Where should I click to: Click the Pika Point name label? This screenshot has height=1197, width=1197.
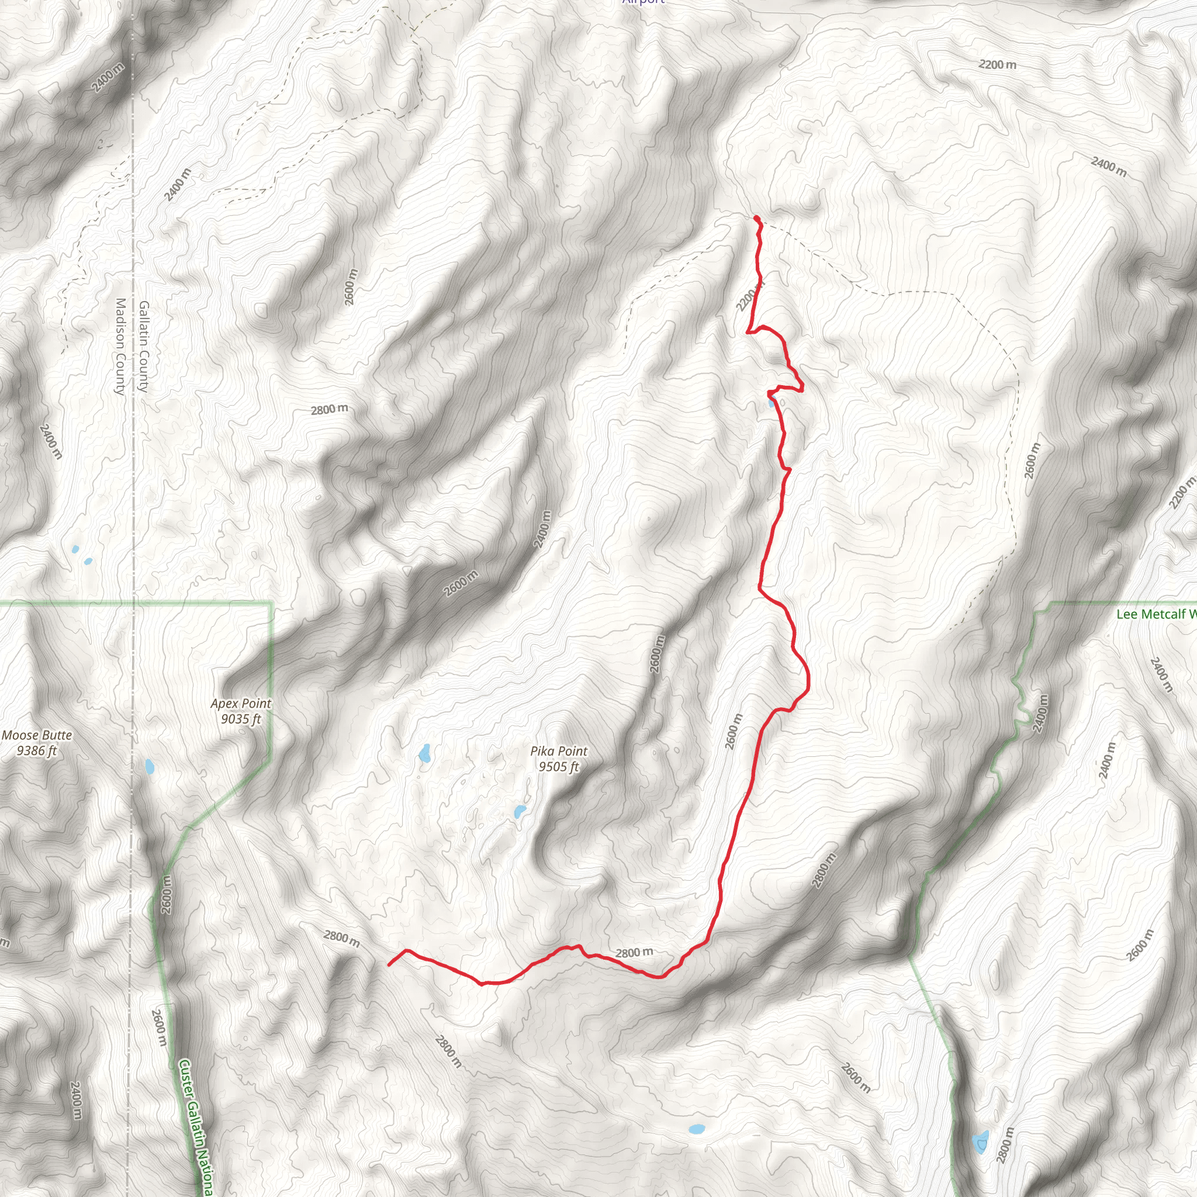558,751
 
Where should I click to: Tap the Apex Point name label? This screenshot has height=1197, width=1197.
240,703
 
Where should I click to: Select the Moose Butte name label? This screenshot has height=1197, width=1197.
37,735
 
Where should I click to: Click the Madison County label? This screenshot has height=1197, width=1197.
120,347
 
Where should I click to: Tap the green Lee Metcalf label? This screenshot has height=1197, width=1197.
1156,614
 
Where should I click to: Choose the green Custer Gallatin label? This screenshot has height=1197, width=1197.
195,1128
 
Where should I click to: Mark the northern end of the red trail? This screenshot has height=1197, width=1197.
756,217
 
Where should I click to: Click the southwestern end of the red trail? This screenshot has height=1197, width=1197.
389,964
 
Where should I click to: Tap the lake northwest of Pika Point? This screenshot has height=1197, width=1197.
424,753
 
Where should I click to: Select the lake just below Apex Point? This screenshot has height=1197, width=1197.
149,767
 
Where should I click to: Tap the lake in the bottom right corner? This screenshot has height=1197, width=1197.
980,1142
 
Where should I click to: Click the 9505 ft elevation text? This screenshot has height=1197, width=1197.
558,767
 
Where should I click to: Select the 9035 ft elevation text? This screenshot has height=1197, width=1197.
240,719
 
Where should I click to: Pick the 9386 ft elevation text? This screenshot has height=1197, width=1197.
37,751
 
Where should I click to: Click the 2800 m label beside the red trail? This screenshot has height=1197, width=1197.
634,953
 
